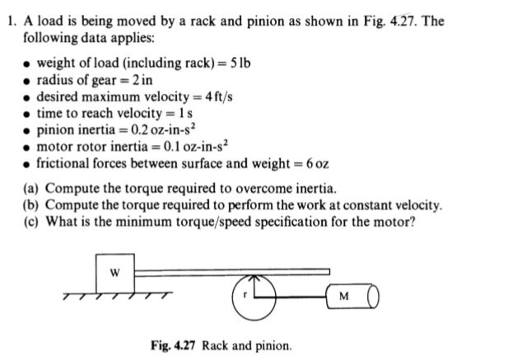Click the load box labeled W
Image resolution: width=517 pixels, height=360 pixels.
pyautogui.click(x=114, y=272)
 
